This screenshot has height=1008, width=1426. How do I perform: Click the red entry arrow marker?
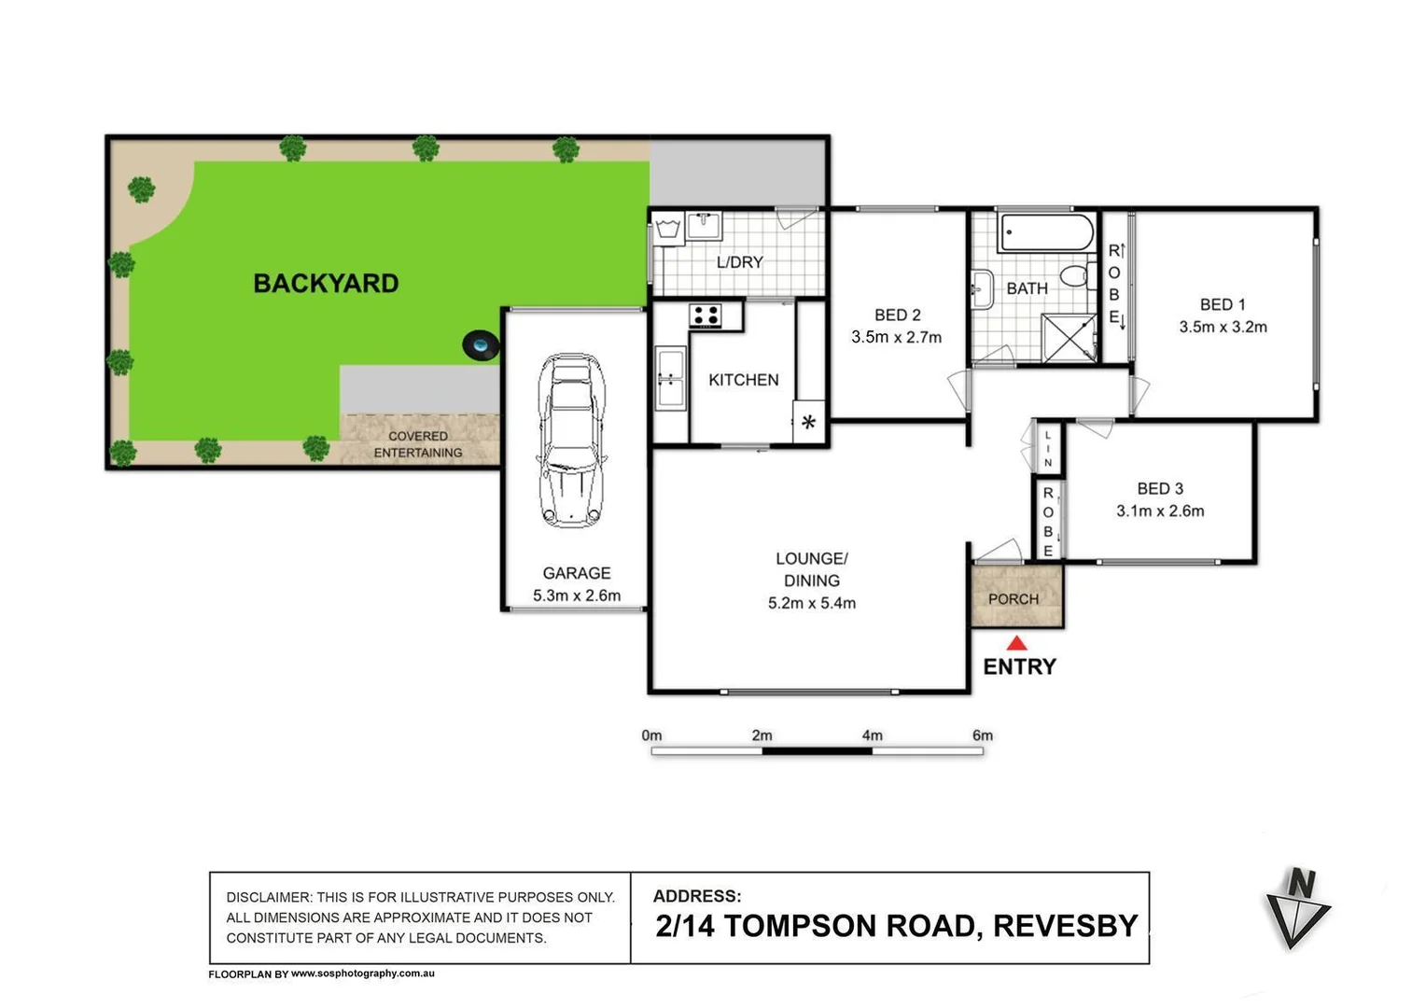pyautogui.click(x=1016, y=643)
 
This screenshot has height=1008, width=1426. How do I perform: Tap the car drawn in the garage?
pyautogui.click(x=570, y=441)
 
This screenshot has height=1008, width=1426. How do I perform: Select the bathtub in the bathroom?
pyautogui.click(x=1046, y=232)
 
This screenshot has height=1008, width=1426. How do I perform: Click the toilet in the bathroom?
pyautogui.click(x=1076, y=275)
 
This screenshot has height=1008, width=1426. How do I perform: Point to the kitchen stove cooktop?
pyautogui.click(x=706, y=315)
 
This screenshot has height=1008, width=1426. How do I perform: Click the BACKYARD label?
pyautogui.click(x=326, y=284)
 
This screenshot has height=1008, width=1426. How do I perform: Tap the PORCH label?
pyautogui.click(x=1013, y=599)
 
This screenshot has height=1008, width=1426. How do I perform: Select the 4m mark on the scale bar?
pyautogui.click(x=872, y=736)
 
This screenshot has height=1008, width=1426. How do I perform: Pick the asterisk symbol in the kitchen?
pyautogui.click(x=808, y=422)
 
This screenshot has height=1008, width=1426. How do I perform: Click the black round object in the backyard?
pyautogui.click(x=481, y=346)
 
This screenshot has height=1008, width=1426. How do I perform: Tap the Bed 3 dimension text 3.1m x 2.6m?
pyautogui.click(x=1160, y=511)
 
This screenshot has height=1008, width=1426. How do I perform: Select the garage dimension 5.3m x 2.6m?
pyautogui.click(x=576, y=595)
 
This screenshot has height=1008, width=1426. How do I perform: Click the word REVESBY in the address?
pyautogui.click(x=1065, y=926)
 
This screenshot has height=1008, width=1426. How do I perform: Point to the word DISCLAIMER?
pyautogui.click(x=267, y=897)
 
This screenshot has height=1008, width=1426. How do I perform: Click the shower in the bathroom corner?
pyautogui.click(x=1069, y=337)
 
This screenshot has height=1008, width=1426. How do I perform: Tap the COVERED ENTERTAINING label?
pyautogui.click(x=417, y=444)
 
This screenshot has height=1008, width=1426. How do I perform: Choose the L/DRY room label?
pyautogui.click(x=739, y=262)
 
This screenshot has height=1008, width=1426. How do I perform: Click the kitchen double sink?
pyautogui.click(x=669, y=378)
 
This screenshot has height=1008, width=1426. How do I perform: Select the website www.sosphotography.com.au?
pyautogui.click(x=362, y=973)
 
